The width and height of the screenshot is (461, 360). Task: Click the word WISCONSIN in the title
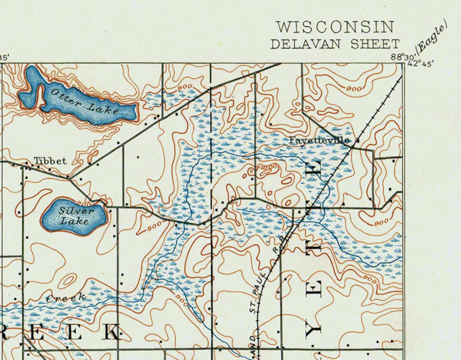pyautogui.click(x=335, y=27)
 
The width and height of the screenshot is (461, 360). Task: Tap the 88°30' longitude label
pyautogui.click(x=399, y=57)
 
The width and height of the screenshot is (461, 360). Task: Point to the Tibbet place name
pyautogui.click(x=50, y=161)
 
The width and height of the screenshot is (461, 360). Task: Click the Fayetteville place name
pyautogui.click(x=319, y=140)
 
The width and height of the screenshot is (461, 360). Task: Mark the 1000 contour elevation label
pyautogui.click(x=268, y=167)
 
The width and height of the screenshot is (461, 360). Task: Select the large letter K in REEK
pyautogui.click(x=112, y=332)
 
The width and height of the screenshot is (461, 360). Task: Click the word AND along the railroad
pyautogui.click(x=253, y=345)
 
